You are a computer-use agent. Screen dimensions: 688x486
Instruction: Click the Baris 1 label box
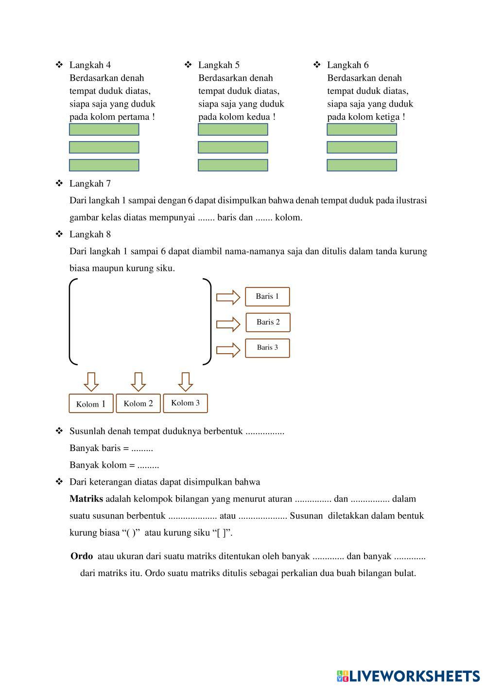(x=267, y=296)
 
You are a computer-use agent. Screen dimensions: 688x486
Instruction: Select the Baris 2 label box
(x=268, y=322)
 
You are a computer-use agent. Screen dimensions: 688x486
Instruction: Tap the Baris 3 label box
(x=267, y=348)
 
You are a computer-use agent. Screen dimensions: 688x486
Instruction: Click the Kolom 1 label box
(x=91, y=403)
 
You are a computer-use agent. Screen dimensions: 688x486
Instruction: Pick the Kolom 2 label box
(x=138, y=403)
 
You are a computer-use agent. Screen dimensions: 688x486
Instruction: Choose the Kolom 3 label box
(x=185, y=403)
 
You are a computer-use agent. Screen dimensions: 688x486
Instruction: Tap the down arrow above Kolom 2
(x=139, y=381)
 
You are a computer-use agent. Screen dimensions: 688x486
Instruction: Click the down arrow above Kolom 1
(x=91, y=381)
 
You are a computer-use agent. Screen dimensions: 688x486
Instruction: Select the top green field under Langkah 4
(x=104, y=129)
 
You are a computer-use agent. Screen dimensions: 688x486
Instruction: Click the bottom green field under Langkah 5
(x=233, y=165)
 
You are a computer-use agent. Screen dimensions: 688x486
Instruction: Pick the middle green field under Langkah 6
(x=362, y=147)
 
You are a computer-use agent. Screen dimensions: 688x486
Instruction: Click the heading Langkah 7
(x=90, y=183)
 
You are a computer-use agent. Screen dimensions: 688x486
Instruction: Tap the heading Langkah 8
(x=90, y=234)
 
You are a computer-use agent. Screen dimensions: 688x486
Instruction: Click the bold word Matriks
(x=86, y=499)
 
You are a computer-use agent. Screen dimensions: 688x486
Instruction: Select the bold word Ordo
(x=82, y=556)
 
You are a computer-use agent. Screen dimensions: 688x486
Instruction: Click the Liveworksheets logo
(x=408, y=676)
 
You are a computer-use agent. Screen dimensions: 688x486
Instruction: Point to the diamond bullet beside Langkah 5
(x=188, y=65)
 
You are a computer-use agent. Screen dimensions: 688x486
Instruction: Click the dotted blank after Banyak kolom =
(x=148, y=465)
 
